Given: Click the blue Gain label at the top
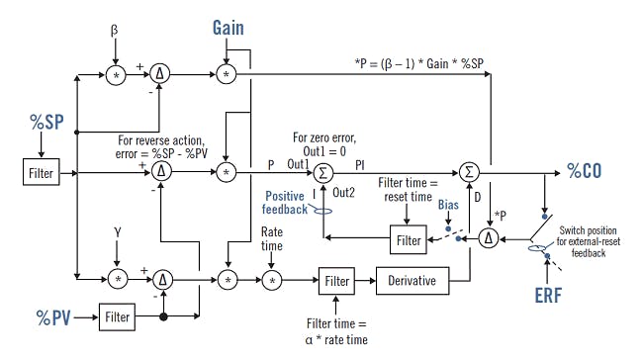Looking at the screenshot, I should (x=229, y=28).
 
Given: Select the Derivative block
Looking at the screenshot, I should (x=413, y=281).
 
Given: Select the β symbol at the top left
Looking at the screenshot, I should (x=116, y=31).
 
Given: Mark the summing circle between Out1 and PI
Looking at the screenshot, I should (x=321, y=172).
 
